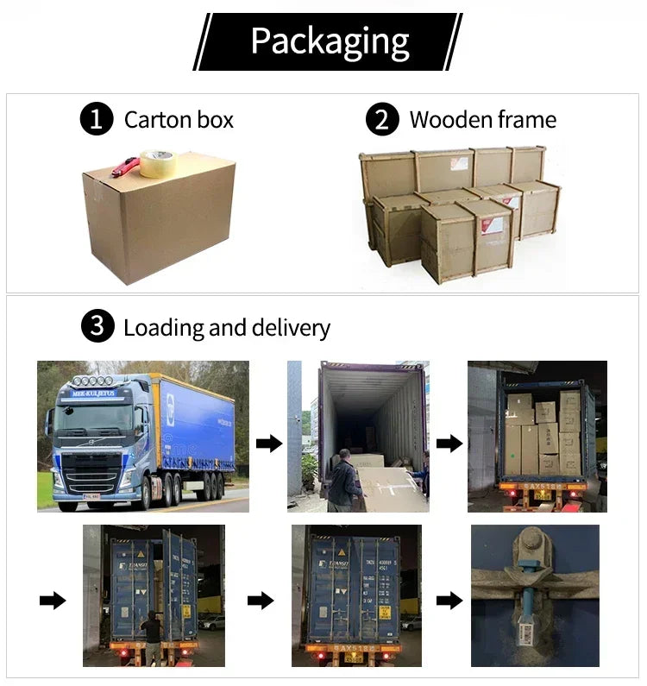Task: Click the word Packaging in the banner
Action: [x=330, y=41]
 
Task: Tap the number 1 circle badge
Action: [x=97, y=119]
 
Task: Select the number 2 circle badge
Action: [x=382, y=119]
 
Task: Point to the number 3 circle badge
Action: [x=97, y=327]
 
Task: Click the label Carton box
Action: [x=179, y=119]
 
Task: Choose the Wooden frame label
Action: [x=482, y=119]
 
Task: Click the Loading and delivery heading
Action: [x=226, y=328]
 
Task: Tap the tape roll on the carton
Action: [x=158, y=163]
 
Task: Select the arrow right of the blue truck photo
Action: [x=269, y=444]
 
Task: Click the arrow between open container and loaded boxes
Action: [x=449, y=444]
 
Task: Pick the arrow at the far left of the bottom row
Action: [x=53, y=601]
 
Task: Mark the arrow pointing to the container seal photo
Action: [x=449, y=601]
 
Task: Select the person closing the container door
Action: [x=152, y=636]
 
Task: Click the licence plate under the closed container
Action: [x=354, y=658]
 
